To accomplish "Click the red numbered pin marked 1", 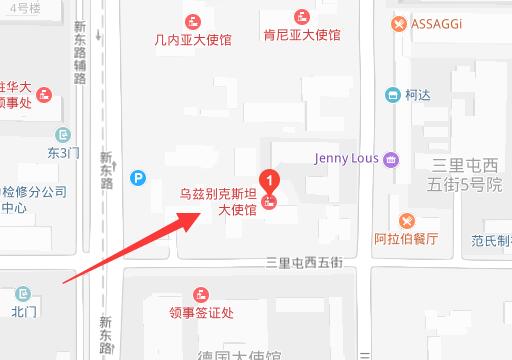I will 268,181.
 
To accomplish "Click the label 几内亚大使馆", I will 193,40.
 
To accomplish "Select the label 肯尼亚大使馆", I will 302,36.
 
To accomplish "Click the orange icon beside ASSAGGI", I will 399,23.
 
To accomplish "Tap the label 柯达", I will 418,96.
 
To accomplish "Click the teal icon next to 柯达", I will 393,96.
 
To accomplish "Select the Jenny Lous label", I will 346,158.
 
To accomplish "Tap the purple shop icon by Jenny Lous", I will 391,158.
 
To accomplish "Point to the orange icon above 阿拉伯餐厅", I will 407,220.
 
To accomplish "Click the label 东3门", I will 64,152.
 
